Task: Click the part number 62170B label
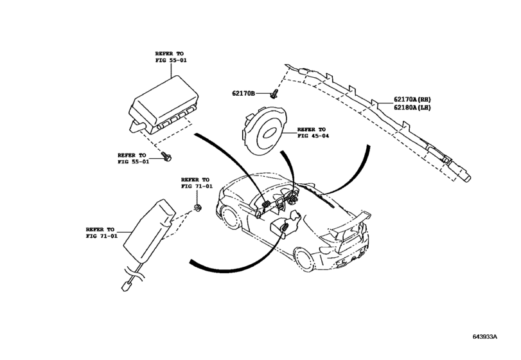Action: (x=243, y=93)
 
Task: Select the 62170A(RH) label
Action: (x=412, y=99)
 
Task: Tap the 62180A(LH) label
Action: (x=412, y=107)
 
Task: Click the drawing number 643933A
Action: (x=485, y=336)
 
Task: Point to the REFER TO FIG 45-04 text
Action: (x=313, y=132)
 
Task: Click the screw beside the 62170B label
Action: (x=274, y=93)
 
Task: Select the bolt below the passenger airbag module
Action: (x=166, y=156)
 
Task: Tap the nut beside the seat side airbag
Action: (x=198, y=208)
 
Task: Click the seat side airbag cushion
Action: (x=149, y=230)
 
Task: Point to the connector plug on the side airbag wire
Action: (x=127, y=286)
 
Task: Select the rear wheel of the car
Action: (x=305, y=259)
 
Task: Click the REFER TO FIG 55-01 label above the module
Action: (x=171, y=57)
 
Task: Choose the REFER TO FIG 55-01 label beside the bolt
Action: (x=133, y=158)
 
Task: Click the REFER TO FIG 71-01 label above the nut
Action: (x=197, y=183)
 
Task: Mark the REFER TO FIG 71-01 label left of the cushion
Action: (x=102, y=233)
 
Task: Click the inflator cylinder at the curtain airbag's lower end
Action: (x=459, y=170)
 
